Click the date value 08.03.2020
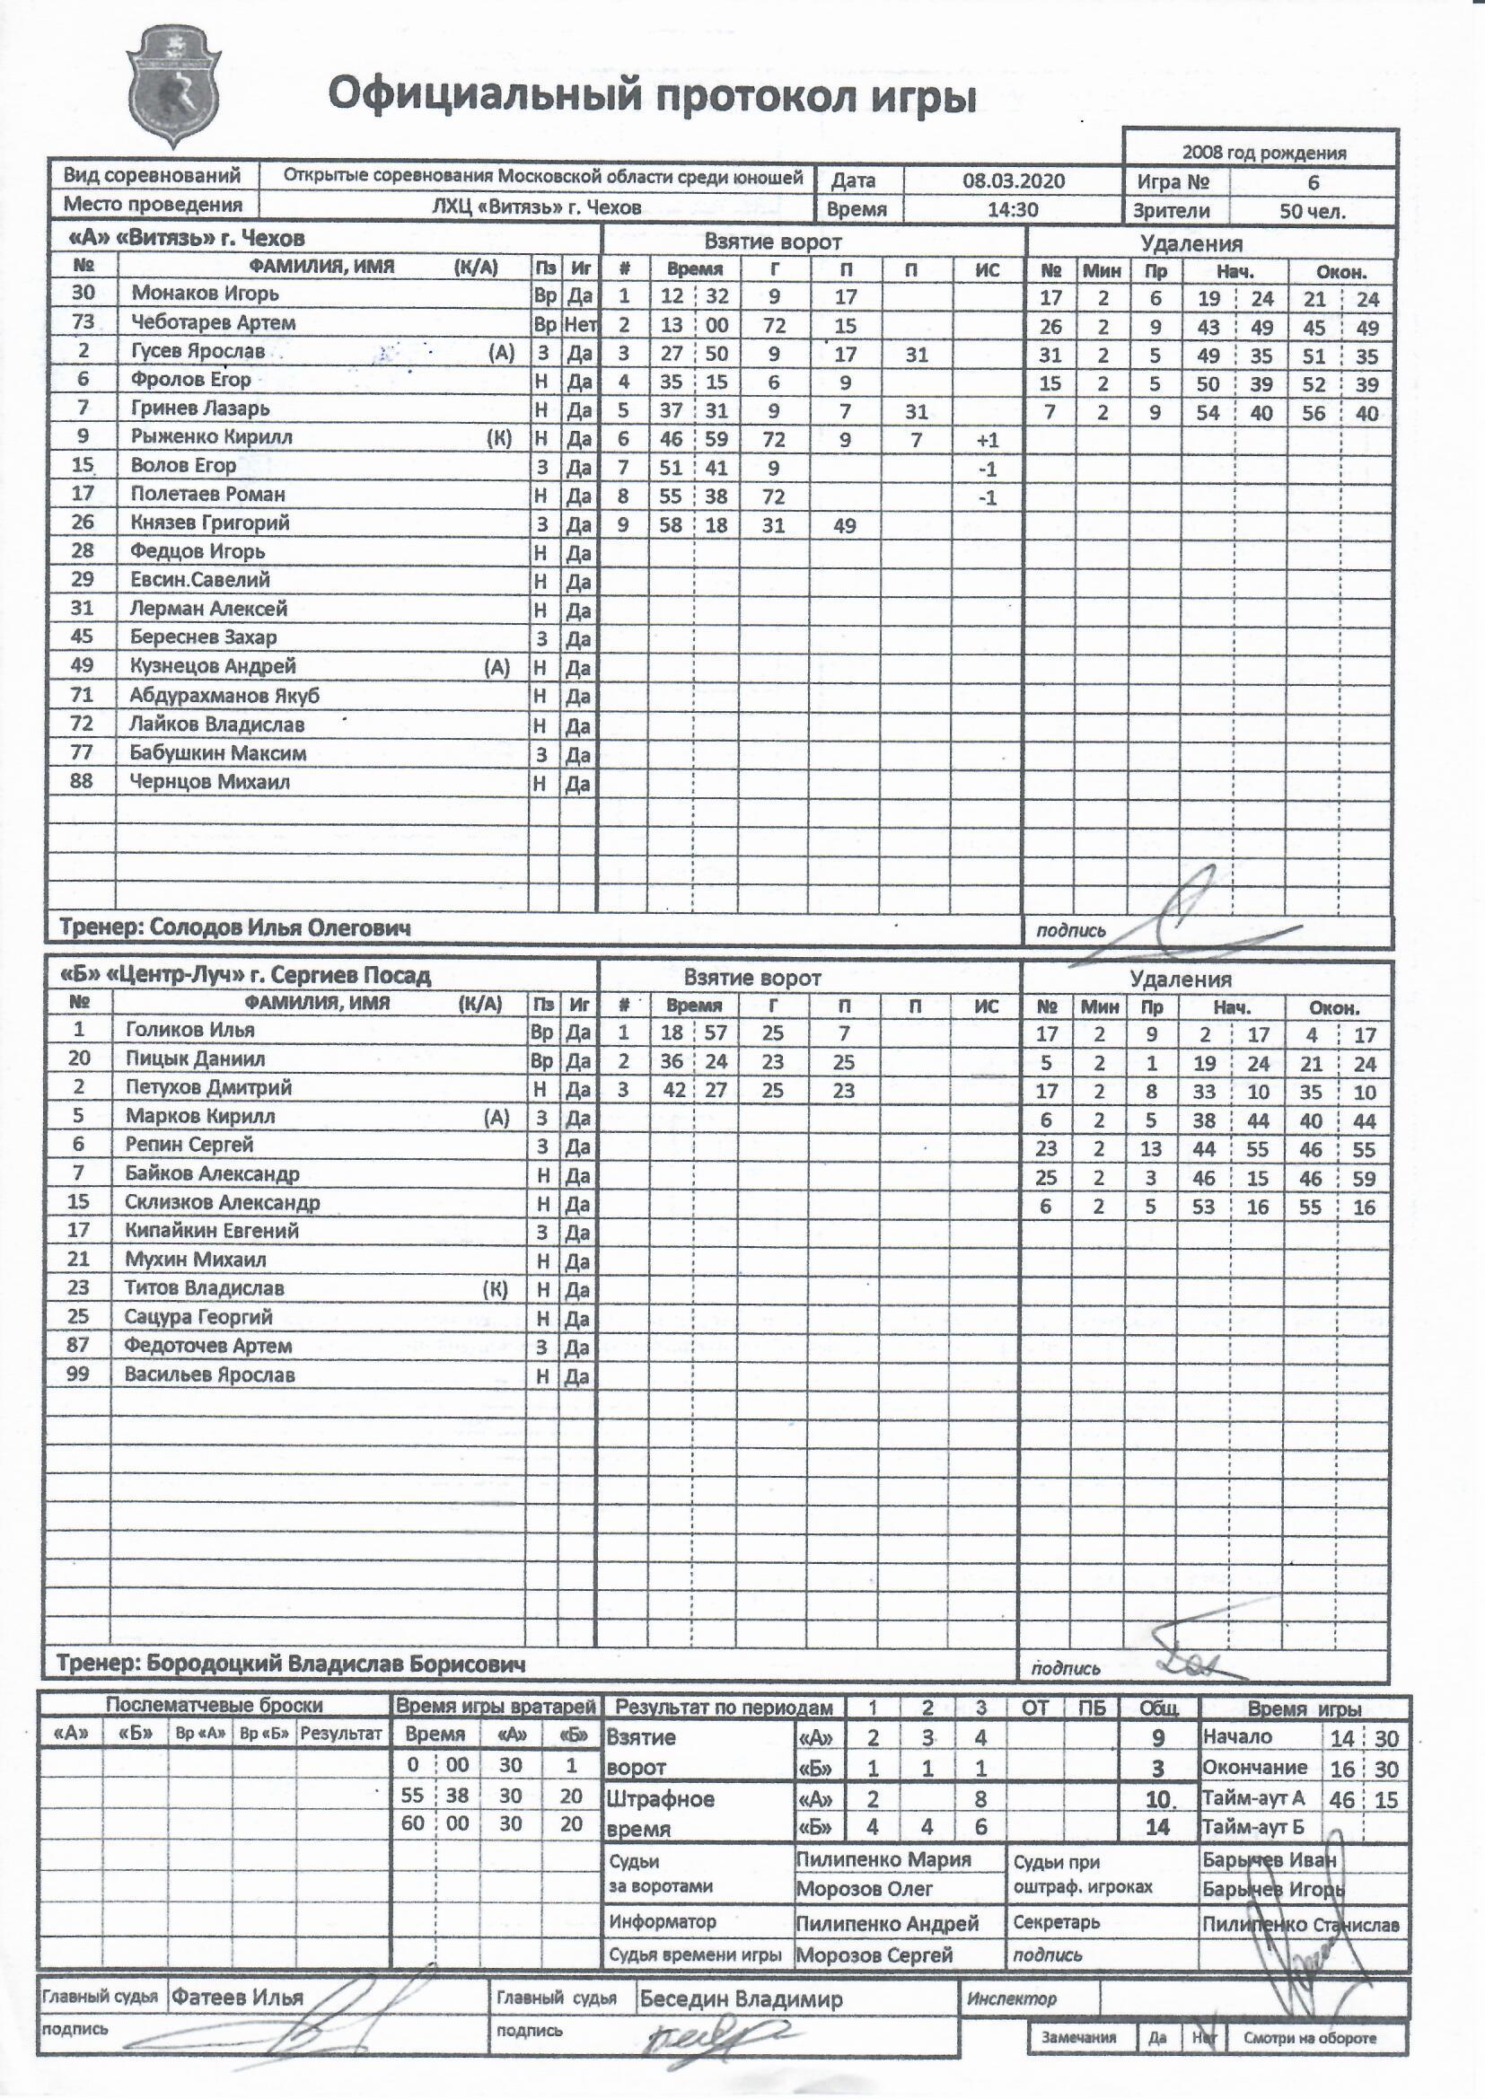coord(1013,180)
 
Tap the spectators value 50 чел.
coord(1313,211)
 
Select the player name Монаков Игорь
coord(205,294)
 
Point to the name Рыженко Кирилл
coord(211,437)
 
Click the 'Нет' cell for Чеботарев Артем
coord(580,323)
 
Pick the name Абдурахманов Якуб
coord(224,696)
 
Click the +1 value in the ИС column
coord(987,440)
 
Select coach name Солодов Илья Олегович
coord(280,928)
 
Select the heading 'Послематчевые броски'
coord(214,1705)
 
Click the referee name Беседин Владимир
coord(741,1998)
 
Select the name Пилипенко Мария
coord(883,1859)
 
